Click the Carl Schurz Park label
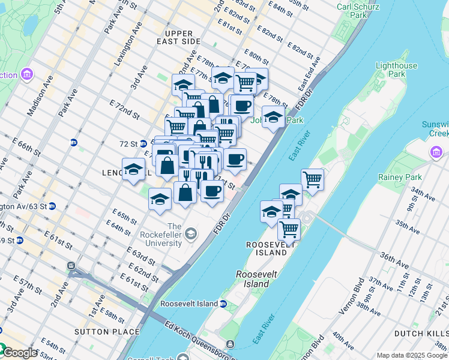pos(352,10)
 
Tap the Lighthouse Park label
pos(396,70)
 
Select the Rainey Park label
pos(394,177)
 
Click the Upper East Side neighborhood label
pos(174,38)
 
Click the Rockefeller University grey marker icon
pos(191,233)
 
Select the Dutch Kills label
pos(421,333)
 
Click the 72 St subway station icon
pos(74,143)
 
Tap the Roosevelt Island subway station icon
pos(223,304)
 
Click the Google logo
pos(19,353)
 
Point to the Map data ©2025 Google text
pos(412,355)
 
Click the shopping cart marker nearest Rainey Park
pos(312,178)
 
